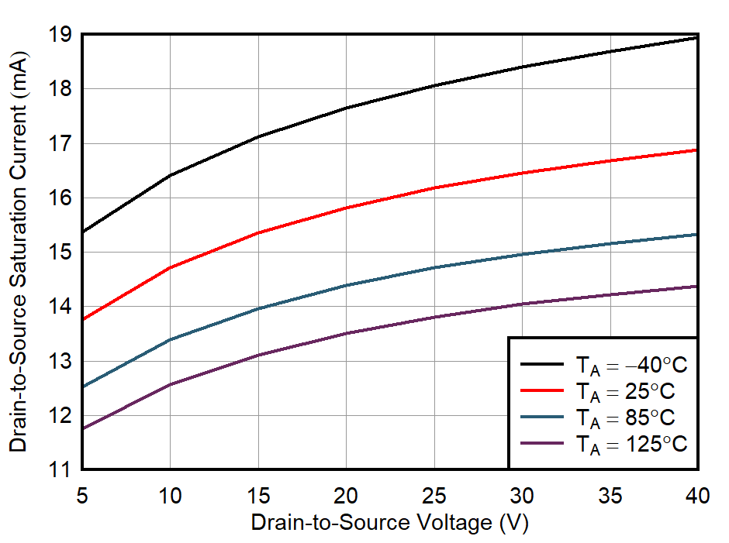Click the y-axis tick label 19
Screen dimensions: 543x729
click(61, 35)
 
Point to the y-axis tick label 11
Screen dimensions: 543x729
click(61, 469)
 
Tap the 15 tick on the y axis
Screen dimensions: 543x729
click(61, 253)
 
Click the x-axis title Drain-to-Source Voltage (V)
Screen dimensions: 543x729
click(389, 523)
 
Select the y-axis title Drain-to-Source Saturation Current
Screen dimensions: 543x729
click(18, 252)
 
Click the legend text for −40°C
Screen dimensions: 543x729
click(631, 364)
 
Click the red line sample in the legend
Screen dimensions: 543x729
click(541, 390)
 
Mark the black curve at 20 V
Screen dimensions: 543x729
click(346, 108)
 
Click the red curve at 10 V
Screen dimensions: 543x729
click(170, 267)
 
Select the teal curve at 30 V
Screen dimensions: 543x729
click(522, 254)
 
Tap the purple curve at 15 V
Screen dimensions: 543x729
click(258, 355)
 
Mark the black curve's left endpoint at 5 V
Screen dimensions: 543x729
click(83, 231)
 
